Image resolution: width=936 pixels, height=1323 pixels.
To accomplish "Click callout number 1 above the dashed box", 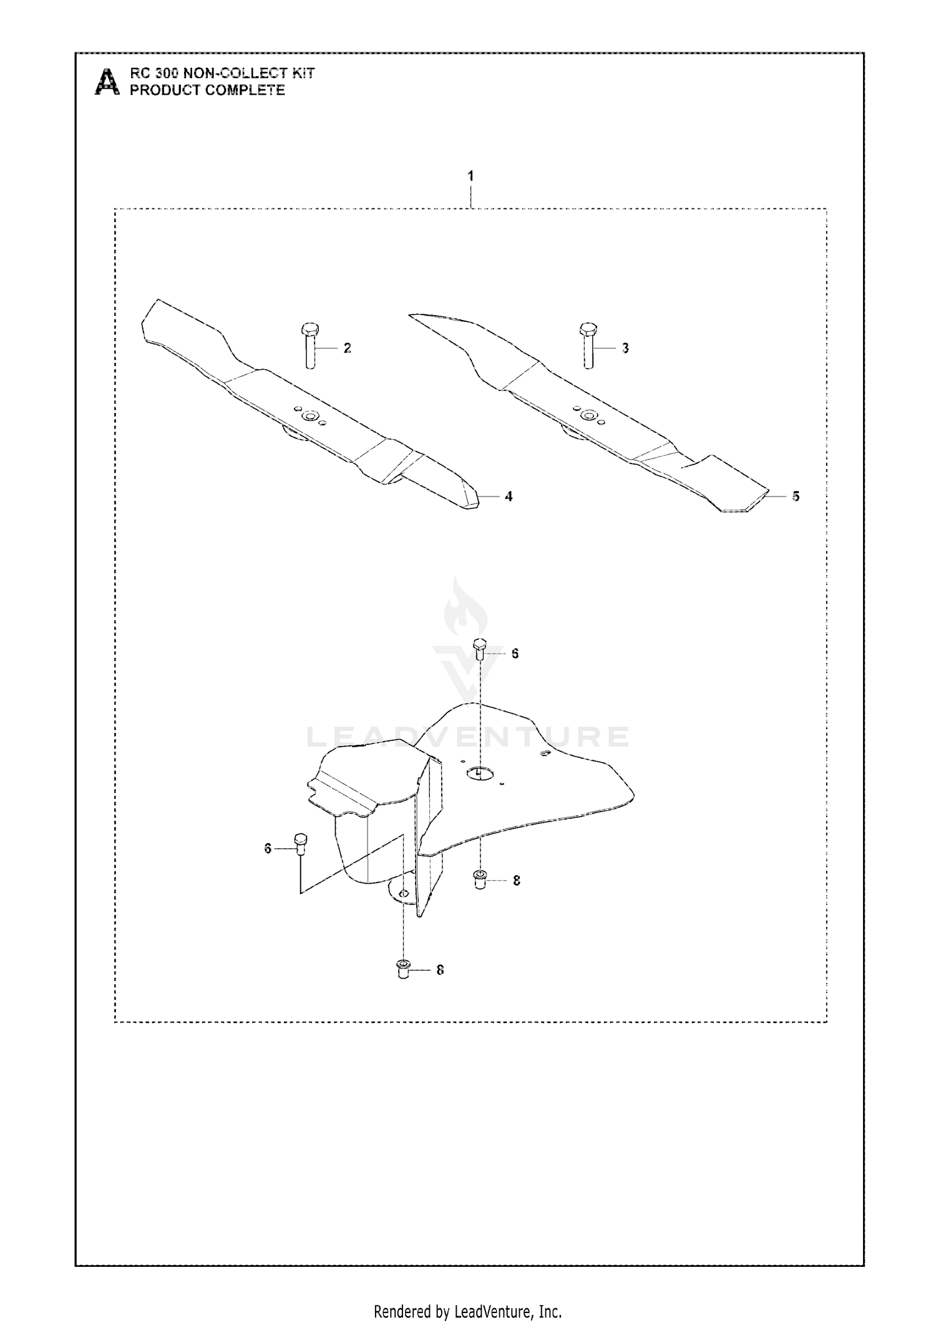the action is pos(470,176).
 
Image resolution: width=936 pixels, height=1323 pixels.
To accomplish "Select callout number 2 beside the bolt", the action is pos(348,348).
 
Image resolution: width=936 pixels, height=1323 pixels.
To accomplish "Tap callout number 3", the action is pos(625,348).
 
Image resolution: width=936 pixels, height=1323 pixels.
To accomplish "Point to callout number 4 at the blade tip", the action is pos(509,497).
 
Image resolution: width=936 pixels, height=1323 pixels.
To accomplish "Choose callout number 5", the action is pos(796,497).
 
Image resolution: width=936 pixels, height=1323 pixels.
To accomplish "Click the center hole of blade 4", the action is pos(308,415).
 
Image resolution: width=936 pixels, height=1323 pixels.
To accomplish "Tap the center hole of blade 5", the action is pos(587,415).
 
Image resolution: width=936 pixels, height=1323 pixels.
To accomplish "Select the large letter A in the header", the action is pos(107,81).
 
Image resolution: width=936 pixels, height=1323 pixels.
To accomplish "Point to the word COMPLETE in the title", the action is pos(245,90).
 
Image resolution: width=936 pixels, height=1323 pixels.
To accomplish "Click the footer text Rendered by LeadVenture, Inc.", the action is pos(467,1294).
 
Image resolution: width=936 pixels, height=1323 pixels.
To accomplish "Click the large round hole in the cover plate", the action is pos(479,773).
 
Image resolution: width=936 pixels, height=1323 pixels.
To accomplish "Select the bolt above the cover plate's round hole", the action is pos(480,650).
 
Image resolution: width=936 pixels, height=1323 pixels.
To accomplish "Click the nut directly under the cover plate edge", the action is pos(480,880).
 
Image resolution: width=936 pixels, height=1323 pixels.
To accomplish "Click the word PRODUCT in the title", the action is pos(165,90).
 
